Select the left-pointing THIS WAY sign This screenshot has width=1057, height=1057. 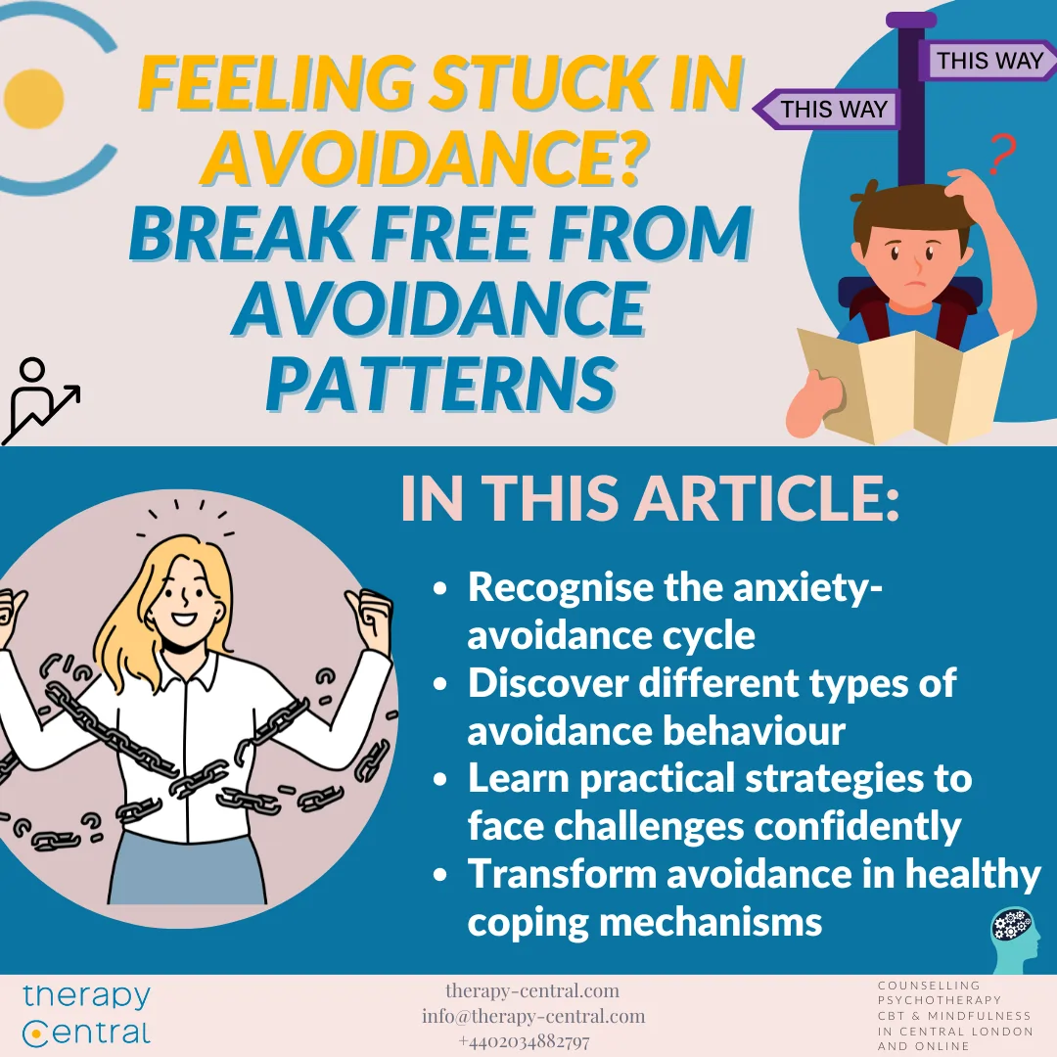pos(827,110)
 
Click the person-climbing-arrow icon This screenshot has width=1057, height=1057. pos(41,399)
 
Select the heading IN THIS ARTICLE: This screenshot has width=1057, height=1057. pos(649,500)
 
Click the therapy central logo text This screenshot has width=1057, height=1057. pos(87,1015)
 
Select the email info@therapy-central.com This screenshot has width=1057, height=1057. pos(533,1016)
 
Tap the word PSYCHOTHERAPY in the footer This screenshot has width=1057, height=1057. pos(940,1000)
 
